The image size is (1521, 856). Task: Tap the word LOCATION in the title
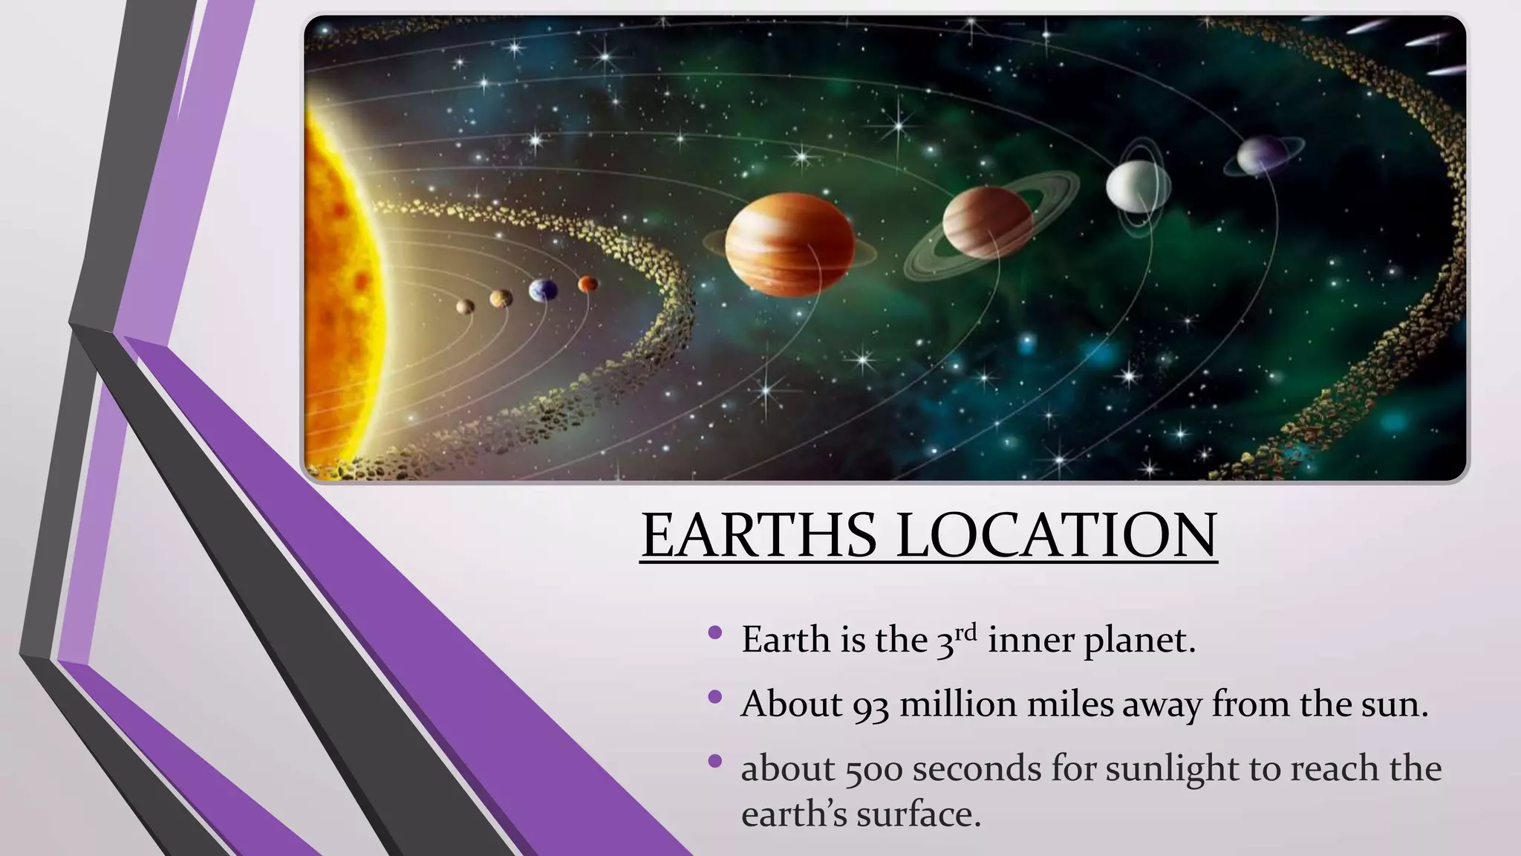click(1056, 535)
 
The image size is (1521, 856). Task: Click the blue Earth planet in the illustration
click(543, 290)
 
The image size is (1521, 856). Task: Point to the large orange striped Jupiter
click(789, 244)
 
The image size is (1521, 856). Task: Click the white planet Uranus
click(1138, 187)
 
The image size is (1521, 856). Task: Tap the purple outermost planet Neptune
click(1263, 155)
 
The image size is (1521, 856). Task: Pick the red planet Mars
click(587, 283)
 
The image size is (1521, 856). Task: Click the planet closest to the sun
click(466, 305)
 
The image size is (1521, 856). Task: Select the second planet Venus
click(501, 298)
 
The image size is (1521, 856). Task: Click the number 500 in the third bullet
click(873, 769)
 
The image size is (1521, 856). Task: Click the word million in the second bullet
click(957, 704)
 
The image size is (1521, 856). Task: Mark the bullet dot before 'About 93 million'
click(715, 697)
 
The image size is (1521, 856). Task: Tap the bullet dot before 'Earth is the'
click(715, 633)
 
